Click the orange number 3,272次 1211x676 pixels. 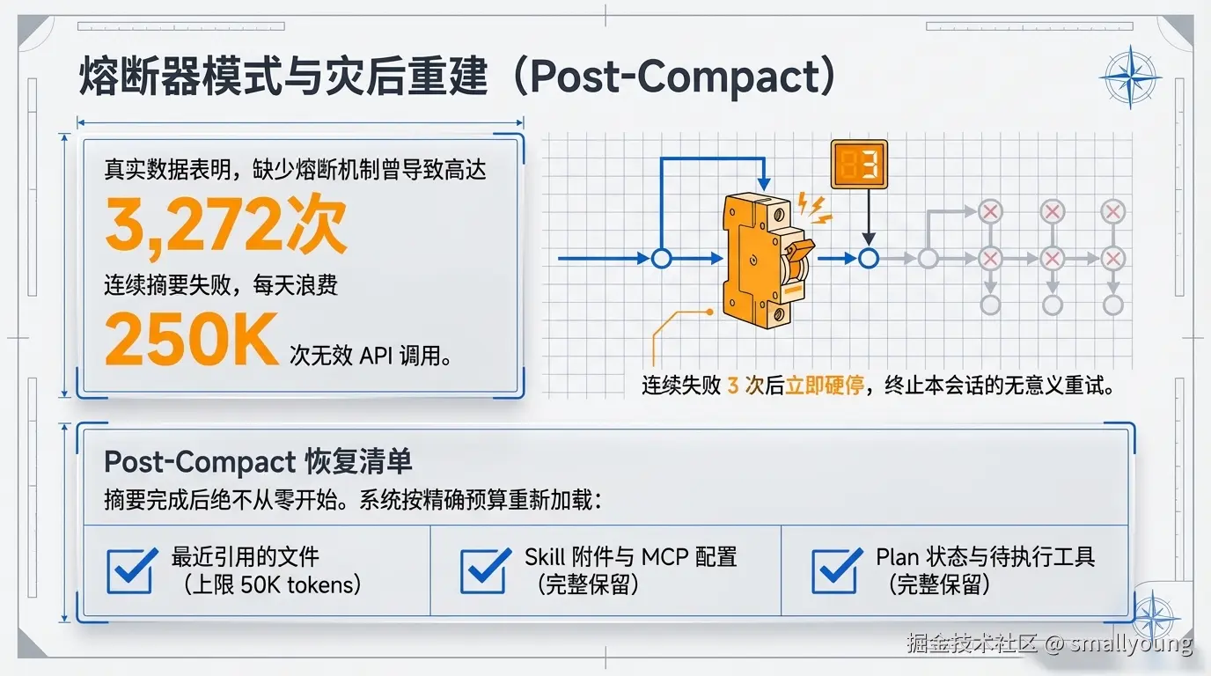pyautogui.click(x=225, y=224)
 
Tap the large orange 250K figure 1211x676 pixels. pyautogui.click(x=192, y=339)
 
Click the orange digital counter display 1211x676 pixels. pyautogui.click(x=859, y=165)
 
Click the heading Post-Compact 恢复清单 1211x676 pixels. pyautogui.click(x=258, y=462)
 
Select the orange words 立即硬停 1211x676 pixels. pyautogui.click(x=824, y=386)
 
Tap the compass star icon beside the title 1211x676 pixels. pyautogui.click(x=1130, y=77)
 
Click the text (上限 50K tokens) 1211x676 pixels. pyautogui.click(x=272, y=584)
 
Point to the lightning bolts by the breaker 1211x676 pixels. pyautogui.click(x=815, y=209)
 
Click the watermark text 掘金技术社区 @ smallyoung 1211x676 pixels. pyautogui.click(x=1050, y=643)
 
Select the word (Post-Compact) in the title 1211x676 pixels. pyautogui.click(x=675, y=77)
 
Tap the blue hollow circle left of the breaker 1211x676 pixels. pyautogui.click(x=661, y=259)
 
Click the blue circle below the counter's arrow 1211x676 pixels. pyautogui.click(x=869, y=259)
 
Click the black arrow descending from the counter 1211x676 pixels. pyautogui.click(x=869, y=217)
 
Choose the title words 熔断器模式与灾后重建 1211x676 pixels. pyautogui.click(x=283, y=76)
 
